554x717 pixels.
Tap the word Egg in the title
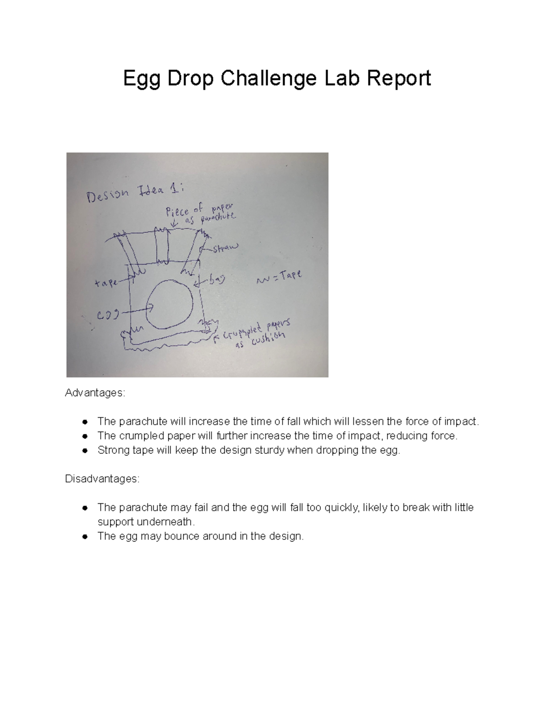[141, 79]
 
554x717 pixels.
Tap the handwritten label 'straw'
[226, 248]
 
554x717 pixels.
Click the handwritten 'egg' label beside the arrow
[107, 315]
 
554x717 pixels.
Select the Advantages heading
[95, 393]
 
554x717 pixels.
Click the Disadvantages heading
[102, 479]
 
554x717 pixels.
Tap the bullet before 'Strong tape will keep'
[84, 451]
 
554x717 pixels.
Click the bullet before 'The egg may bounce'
[84, 536]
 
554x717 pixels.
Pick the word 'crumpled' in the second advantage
[138, 436]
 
